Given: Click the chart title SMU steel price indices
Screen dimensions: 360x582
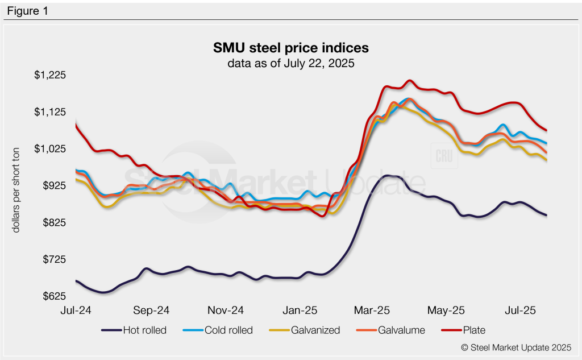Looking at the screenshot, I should tap(291, 47).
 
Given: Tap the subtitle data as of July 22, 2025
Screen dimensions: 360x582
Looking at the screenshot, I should tap(291, 63).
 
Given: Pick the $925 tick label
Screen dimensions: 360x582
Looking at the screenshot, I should tap(55, 186).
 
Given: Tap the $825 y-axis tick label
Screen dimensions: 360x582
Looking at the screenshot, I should tap(55, 223).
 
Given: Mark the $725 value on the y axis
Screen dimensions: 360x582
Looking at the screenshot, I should tap(55, 260).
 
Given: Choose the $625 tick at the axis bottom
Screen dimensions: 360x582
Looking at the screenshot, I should tap(55, 297).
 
